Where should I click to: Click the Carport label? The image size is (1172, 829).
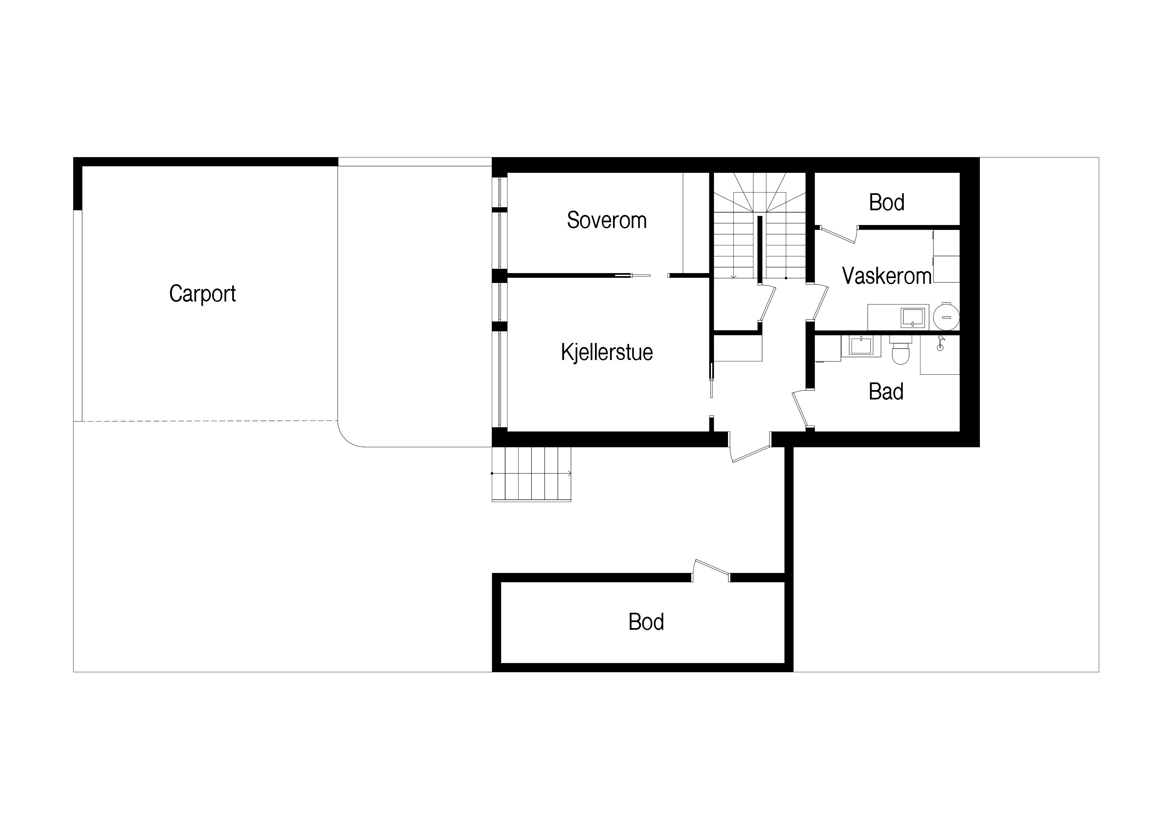203,294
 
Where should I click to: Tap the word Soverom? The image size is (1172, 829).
607,220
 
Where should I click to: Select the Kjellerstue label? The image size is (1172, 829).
607,352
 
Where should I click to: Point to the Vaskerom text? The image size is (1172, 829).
887,276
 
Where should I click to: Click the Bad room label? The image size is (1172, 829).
886,392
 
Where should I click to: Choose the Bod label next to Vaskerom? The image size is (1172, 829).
887,202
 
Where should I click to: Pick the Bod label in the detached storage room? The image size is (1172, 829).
646,622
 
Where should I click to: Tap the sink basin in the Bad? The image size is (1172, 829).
861,346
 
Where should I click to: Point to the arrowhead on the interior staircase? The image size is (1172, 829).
734,277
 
